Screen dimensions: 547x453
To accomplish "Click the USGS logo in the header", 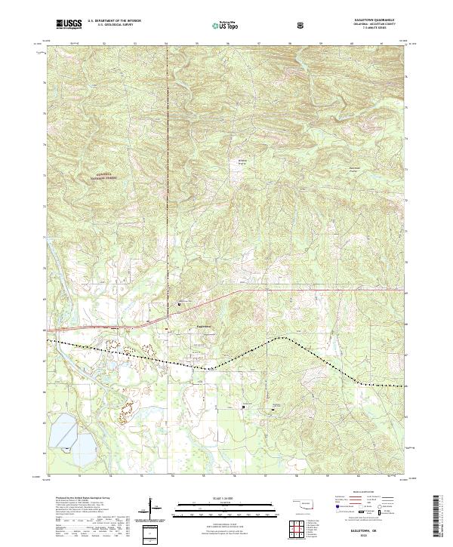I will pyautogui.click(x=69, y=24).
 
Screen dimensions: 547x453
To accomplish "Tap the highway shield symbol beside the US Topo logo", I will pyautogui.click(x=300, y=26).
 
